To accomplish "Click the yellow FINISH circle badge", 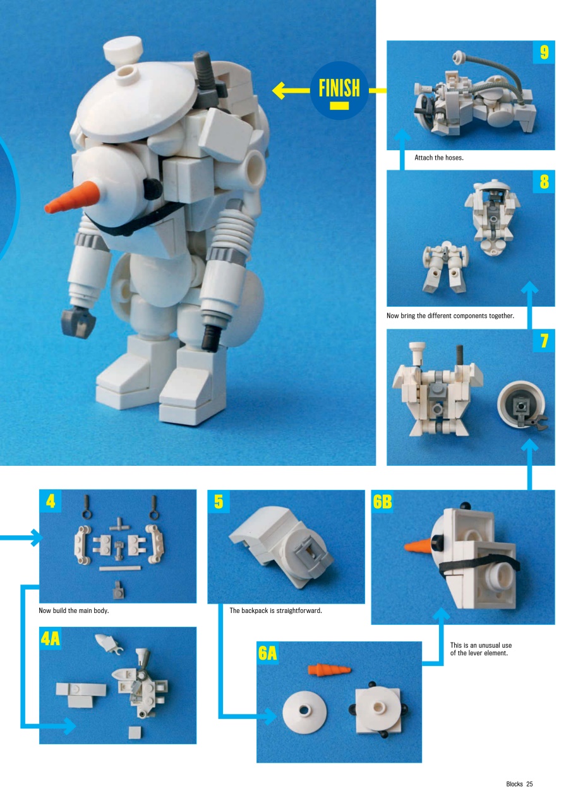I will [339, 90].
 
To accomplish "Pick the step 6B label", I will [383, 502].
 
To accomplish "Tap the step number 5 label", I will [219, 502].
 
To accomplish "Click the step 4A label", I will [51, 639].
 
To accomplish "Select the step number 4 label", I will [51, 502].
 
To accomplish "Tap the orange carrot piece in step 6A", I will [328, 669].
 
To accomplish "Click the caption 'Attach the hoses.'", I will [439, 158].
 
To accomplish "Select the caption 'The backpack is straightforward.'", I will [276, 610].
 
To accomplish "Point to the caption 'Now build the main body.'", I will [74, 610].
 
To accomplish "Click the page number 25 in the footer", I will [529, 784].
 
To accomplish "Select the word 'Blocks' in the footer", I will [514, 784].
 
